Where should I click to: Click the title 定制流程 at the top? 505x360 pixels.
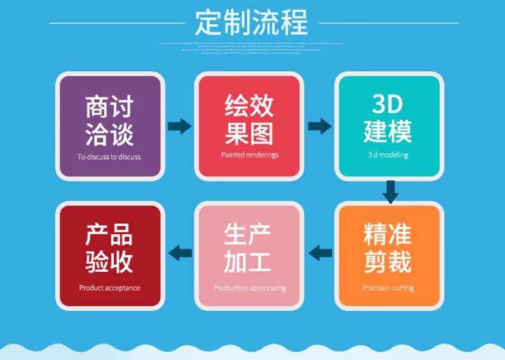click(x=251, y=22)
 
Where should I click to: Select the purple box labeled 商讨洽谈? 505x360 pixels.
click(x=109, y=125)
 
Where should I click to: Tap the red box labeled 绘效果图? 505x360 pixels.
click(x=249, y=125)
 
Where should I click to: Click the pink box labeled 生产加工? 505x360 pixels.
click(x=249, y=254)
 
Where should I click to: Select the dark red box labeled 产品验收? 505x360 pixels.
click(x=109, y=254)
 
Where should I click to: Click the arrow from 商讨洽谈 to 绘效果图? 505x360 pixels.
click(x=180, y=126)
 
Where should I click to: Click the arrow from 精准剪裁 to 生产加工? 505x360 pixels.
click(x=320, y=253)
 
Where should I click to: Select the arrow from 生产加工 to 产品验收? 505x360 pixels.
click(x=180, y=253)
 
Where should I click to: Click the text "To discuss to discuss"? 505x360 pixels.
click(x=109, y=157)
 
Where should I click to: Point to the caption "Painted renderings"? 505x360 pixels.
click(x=249, y=155)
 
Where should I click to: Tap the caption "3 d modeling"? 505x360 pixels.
click(x=388, y=155)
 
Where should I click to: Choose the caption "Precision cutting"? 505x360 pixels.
click(x=388, y=288)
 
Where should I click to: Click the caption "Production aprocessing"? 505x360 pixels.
click(x=249, y=288)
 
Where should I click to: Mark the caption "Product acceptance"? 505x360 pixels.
click(x=109, y=288)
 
